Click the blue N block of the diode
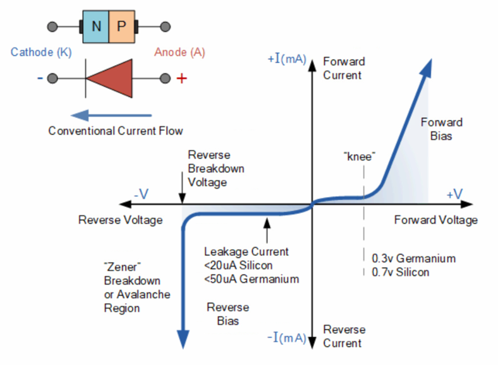coord(95,27)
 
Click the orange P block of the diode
coord(121,27)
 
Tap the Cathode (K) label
coord(41,52)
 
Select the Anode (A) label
coord(179,52)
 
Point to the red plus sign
coord(181,78)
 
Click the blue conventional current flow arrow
coord(111,115)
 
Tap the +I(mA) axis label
coord(287,59)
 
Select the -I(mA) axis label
coord(286,337)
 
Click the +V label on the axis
coord(454,194)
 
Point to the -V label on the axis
coord(141,194)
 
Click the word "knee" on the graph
coord(360,157)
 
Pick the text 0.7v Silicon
coord(400,272)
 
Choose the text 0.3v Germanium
coord(413,258)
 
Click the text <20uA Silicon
coord(238,265)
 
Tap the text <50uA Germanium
coord(252,278)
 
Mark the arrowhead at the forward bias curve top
coord(426,68)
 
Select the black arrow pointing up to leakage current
coord(267,230)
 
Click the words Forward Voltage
coord(436,220)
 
